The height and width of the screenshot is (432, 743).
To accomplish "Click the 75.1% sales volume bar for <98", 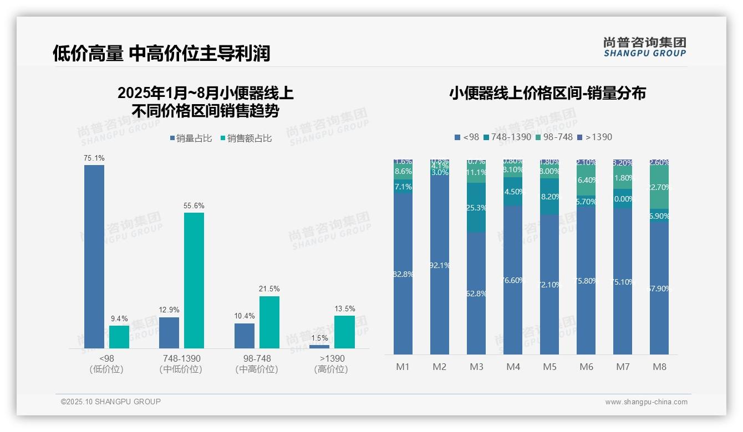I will tap(94, 256).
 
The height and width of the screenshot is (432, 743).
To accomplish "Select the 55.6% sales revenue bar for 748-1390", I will tap(194, 280).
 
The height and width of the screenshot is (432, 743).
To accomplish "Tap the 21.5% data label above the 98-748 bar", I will tap(269, 289).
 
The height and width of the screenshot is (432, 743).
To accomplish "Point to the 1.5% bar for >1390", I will tap(319, 347).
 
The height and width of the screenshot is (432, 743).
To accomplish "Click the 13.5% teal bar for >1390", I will tap(344, 332).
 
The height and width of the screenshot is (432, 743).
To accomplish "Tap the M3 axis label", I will tap(476, 367).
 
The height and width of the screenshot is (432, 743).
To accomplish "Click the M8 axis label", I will tap(659, 367).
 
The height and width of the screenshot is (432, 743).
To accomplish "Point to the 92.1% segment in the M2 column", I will tap(440, 265).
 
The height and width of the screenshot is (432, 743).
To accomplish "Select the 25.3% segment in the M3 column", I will tap(476, 208).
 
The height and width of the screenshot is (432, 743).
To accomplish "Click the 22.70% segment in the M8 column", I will tap(659, 187).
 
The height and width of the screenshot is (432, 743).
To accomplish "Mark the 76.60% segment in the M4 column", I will tap(513, 280).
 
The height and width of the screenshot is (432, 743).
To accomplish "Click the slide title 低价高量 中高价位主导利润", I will tap(161, 53).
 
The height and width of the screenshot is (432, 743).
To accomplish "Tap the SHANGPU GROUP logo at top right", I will tap(644, 47).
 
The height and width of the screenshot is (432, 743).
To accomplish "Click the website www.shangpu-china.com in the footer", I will tap(646, 402).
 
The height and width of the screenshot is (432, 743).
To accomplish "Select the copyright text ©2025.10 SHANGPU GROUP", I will tap(111, 402).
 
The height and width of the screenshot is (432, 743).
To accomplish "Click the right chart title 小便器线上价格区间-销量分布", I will tap(547, 93).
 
